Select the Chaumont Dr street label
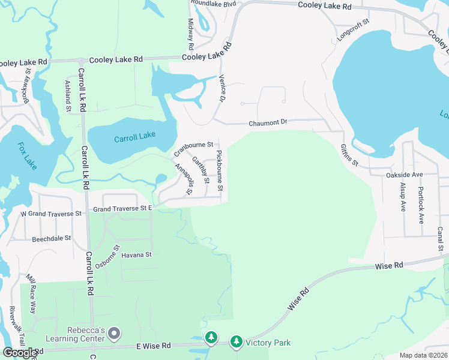268,122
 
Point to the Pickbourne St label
220,171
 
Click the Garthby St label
200,169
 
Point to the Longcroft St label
353,29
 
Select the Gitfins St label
349,155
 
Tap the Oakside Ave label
405,175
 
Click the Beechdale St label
51,238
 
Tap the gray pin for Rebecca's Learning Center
115,333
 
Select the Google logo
20,353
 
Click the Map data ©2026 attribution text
423,355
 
